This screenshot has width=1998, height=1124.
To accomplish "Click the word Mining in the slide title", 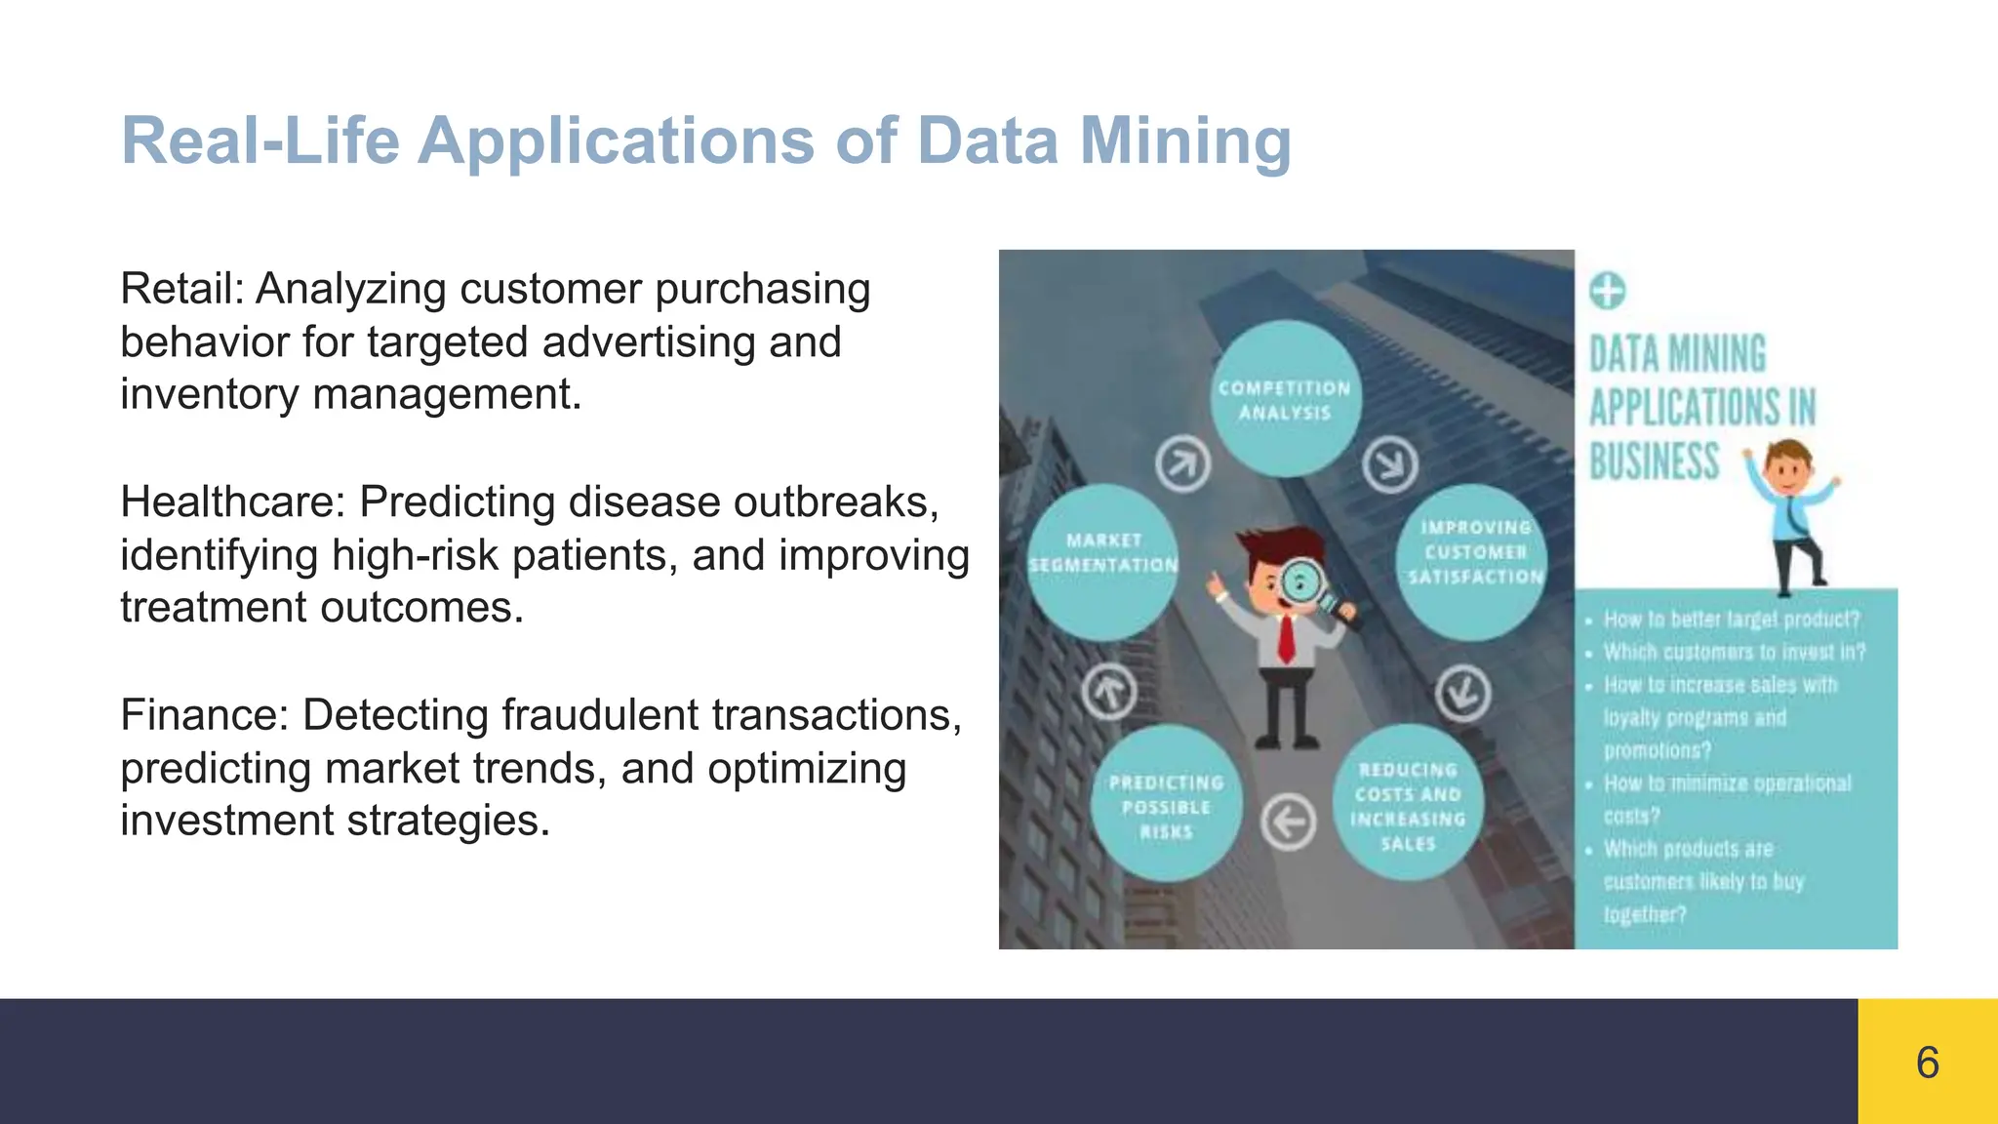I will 1184,140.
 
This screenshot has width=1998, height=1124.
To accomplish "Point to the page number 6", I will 1927,1062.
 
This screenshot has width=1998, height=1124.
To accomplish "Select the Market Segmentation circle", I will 1103,561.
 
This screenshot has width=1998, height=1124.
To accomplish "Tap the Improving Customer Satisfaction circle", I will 1474,561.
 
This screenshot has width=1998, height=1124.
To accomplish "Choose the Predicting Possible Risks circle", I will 1166,805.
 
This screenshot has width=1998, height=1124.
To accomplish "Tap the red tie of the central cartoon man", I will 1287,639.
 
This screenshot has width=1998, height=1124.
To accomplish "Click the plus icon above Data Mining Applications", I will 1607,291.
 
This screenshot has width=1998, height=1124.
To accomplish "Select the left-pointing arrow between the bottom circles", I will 1289,823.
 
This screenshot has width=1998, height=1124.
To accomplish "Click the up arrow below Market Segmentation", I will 1109,693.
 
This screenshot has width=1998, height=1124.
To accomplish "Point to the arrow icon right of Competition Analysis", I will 1390,463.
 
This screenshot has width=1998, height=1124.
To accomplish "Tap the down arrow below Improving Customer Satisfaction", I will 1462,693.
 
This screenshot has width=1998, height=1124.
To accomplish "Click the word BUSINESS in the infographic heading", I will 1654,462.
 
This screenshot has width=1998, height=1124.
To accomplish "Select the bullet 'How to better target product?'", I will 1731,620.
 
